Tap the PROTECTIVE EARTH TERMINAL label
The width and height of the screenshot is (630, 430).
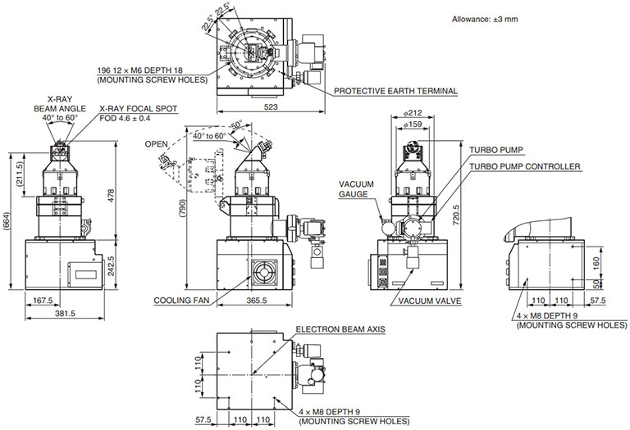395,91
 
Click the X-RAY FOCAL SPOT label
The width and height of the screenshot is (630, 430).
138,108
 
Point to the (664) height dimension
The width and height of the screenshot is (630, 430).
7,220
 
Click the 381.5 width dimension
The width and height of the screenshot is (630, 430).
65,313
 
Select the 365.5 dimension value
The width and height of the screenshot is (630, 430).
256,301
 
